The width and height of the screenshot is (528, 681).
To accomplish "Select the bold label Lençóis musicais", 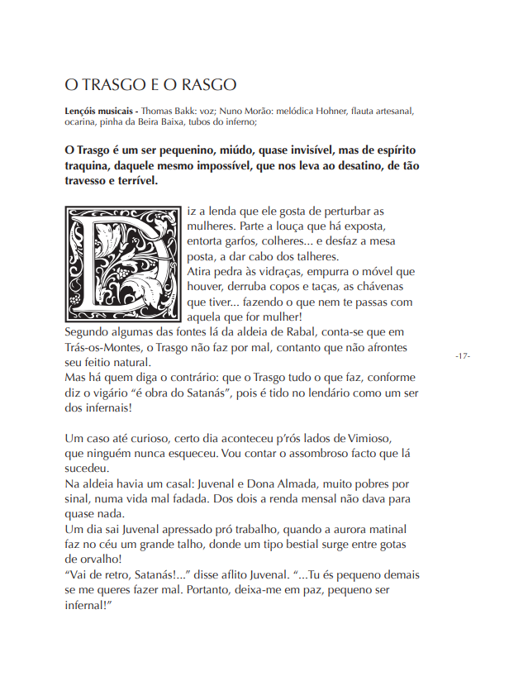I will coord(99,110).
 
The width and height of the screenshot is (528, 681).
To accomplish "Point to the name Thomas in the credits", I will coord(159,110).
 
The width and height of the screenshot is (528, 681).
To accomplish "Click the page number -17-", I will coord(462,355).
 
